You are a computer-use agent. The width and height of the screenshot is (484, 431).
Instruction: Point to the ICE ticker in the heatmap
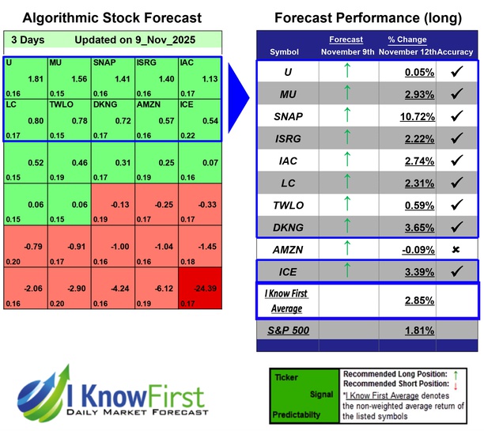pos(187,103)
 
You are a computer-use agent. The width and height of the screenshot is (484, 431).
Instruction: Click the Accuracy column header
pos(456,52)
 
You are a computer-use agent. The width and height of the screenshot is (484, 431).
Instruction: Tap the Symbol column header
pos(285,52)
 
